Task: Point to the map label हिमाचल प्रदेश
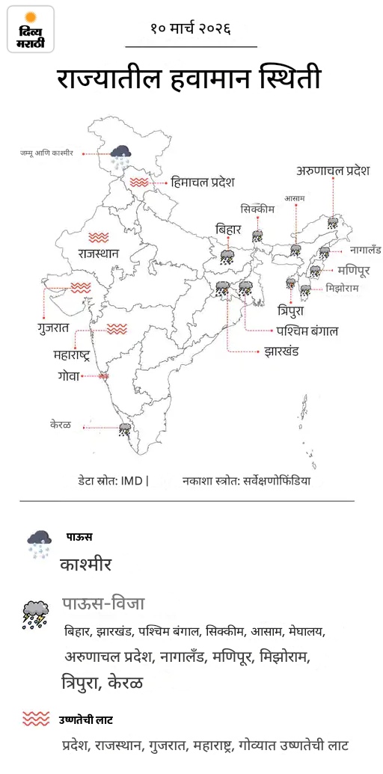(x=203, y=182)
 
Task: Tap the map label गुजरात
(x=53, y=328)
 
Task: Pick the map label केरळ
(x=61, y=425)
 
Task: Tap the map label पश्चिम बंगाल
(x=307, y=330)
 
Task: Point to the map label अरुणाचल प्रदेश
(x=333, y=171)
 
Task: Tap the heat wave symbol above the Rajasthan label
(x=98, y=238)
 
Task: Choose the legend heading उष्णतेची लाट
(x=86, y=719)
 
